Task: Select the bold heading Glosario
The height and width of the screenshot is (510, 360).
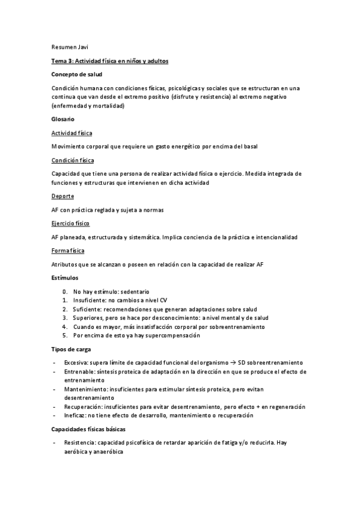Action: pyautogui.click(x=63, y=119)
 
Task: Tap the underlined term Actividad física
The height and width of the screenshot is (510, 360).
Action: pyautogui.click(x=72, y=133)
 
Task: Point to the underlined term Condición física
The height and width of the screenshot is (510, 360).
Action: pyautogui.click(x=73, y=161)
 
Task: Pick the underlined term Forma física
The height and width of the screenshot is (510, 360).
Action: pyautogui.click(x=68, y=250)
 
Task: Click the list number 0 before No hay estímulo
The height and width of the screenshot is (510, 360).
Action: pyautogui.click(x=65, y=292)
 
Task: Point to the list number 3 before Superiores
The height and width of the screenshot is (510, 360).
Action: pyautogui.click(x=65, y=318)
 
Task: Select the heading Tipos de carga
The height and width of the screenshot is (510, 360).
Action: pyautogui.click(x=71, y=349)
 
